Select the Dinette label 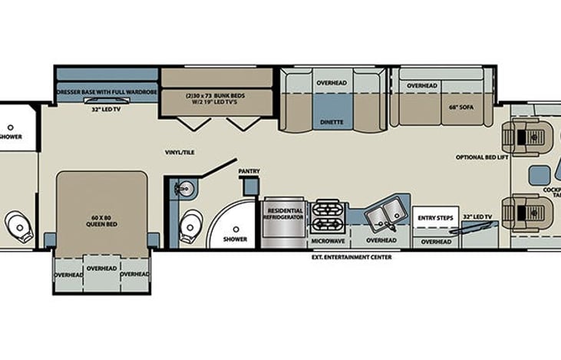tap(332, 121)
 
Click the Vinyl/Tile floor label tap(179, 152)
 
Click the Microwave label tap(328, 240)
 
